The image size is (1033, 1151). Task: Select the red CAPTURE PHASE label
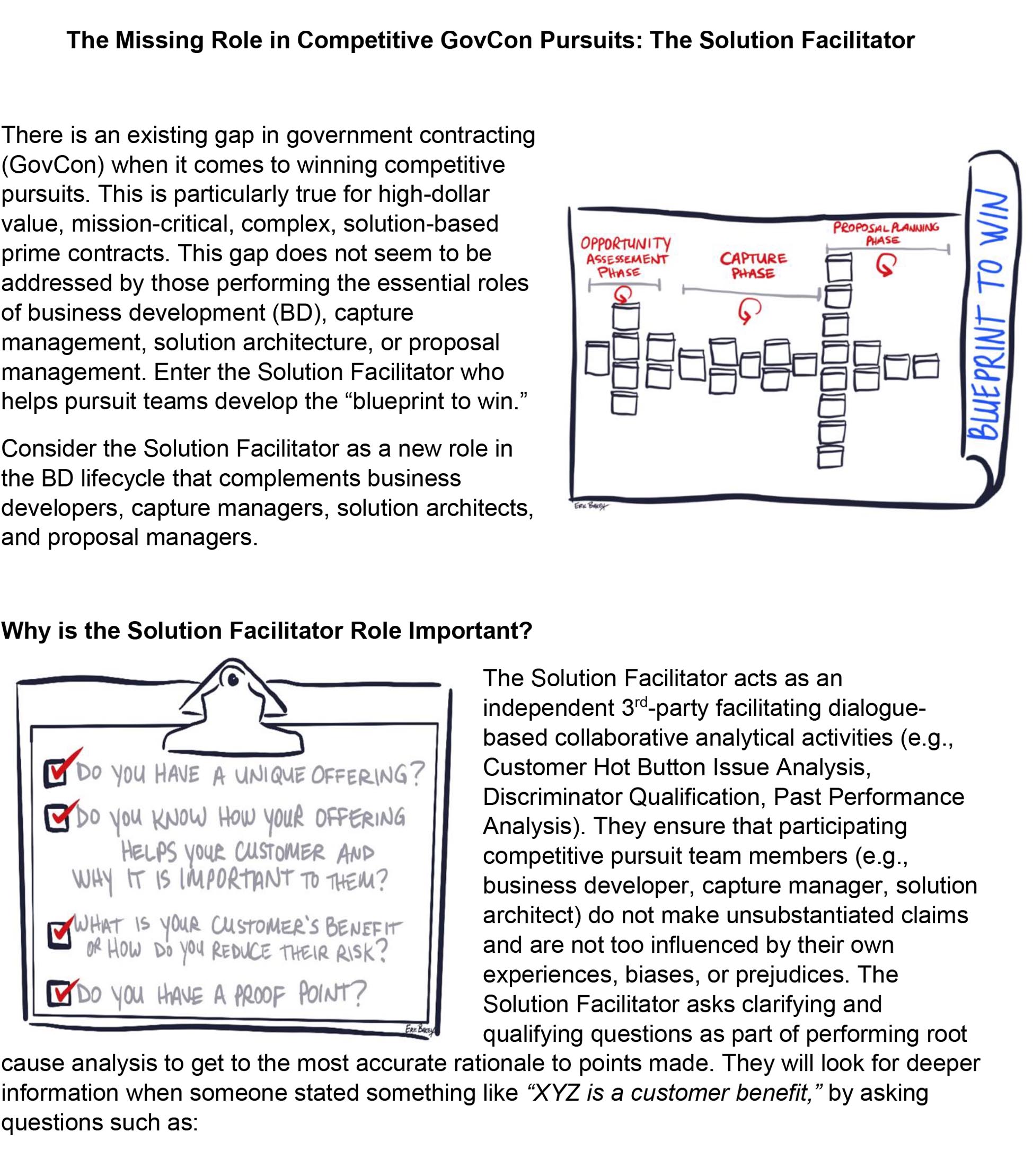tap(753, 265)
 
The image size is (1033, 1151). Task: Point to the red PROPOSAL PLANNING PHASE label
tap(886, 233)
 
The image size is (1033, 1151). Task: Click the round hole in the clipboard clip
tap(232, 679)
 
